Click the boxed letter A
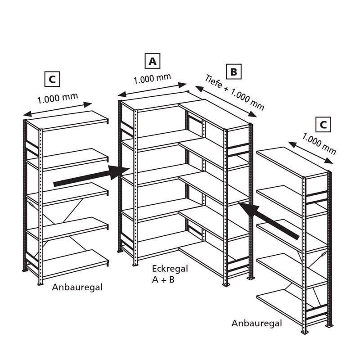(153, 61)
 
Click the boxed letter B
(234, 72)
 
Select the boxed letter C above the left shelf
(52, 79)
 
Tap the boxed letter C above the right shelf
(323, 125)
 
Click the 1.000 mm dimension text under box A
(152, 79)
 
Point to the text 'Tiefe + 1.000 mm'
(234, 92)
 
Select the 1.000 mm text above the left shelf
(58, 98)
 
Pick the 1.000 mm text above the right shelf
(319, 144)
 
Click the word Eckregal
(170, 269)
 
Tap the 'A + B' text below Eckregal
(163, 279)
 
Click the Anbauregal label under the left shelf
(77, 287)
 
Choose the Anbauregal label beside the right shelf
(256, 323)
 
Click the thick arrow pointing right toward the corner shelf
(91, 175)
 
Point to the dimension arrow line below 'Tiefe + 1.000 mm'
(226, 101)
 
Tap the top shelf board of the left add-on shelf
(67, 121)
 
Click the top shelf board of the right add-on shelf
(292, 162)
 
